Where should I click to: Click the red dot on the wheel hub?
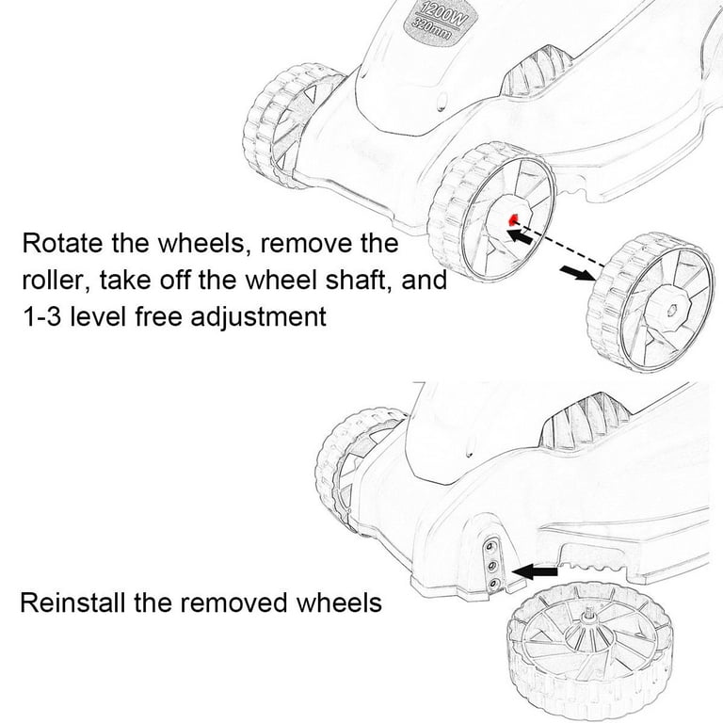click(x=512, y=220)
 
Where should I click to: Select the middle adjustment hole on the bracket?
click(x=490, y=565)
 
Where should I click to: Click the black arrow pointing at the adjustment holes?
click(x=535, y=570)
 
